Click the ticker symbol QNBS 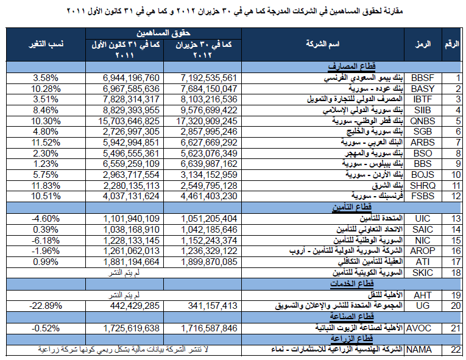tap(422, 121)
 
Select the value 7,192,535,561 tap(209, 78)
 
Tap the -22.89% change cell tap(46, 306)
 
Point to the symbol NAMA tap(419, 350)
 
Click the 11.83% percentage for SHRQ tap(46, 186)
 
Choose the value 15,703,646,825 tap(129, 121)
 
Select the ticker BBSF tap(422, 78)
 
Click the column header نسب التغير tap(46, 44)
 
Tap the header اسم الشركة tap(323, 44)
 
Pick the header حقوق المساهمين tap(163, 33)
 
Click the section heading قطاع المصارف tap(351, 66)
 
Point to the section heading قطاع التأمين tap(352, 207)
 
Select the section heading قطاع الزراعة tap(352, 338)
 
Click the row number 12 tap(456, 196)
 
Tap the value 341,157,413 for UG tap(213, 306)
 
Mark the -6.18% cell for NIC tap(46, 240)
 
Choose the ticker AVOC tap(418, 328)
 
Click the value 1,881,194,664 tap(132, 262)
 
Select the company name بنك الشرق tap(387, 186)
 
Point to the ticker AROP tap(422, 251)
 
